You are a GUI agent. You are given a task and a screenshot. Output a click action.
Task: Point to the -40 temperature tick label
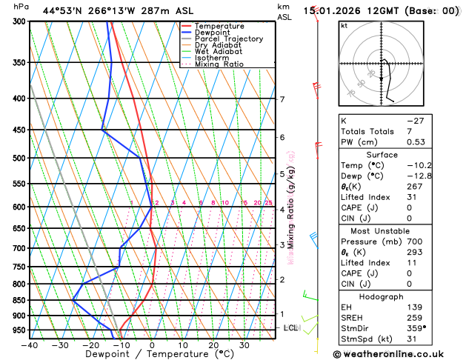[x=30, y=344]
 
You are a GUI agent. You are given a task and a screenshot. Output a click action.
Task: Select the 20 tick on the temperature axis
[x=213, y=344]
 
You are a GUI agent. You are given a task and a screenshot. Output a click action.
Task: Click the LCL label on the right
[x=291, y=327]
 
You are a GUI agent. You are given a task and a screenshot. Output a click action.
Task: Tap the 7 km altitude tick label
[x=282, y=99]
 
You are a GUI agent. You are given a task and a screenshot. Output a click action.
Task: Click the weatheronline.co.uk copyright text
[x=399, y=353]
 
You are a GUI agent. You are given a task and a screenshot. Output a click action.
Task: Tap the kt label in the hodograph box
[x=344, y=25]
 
